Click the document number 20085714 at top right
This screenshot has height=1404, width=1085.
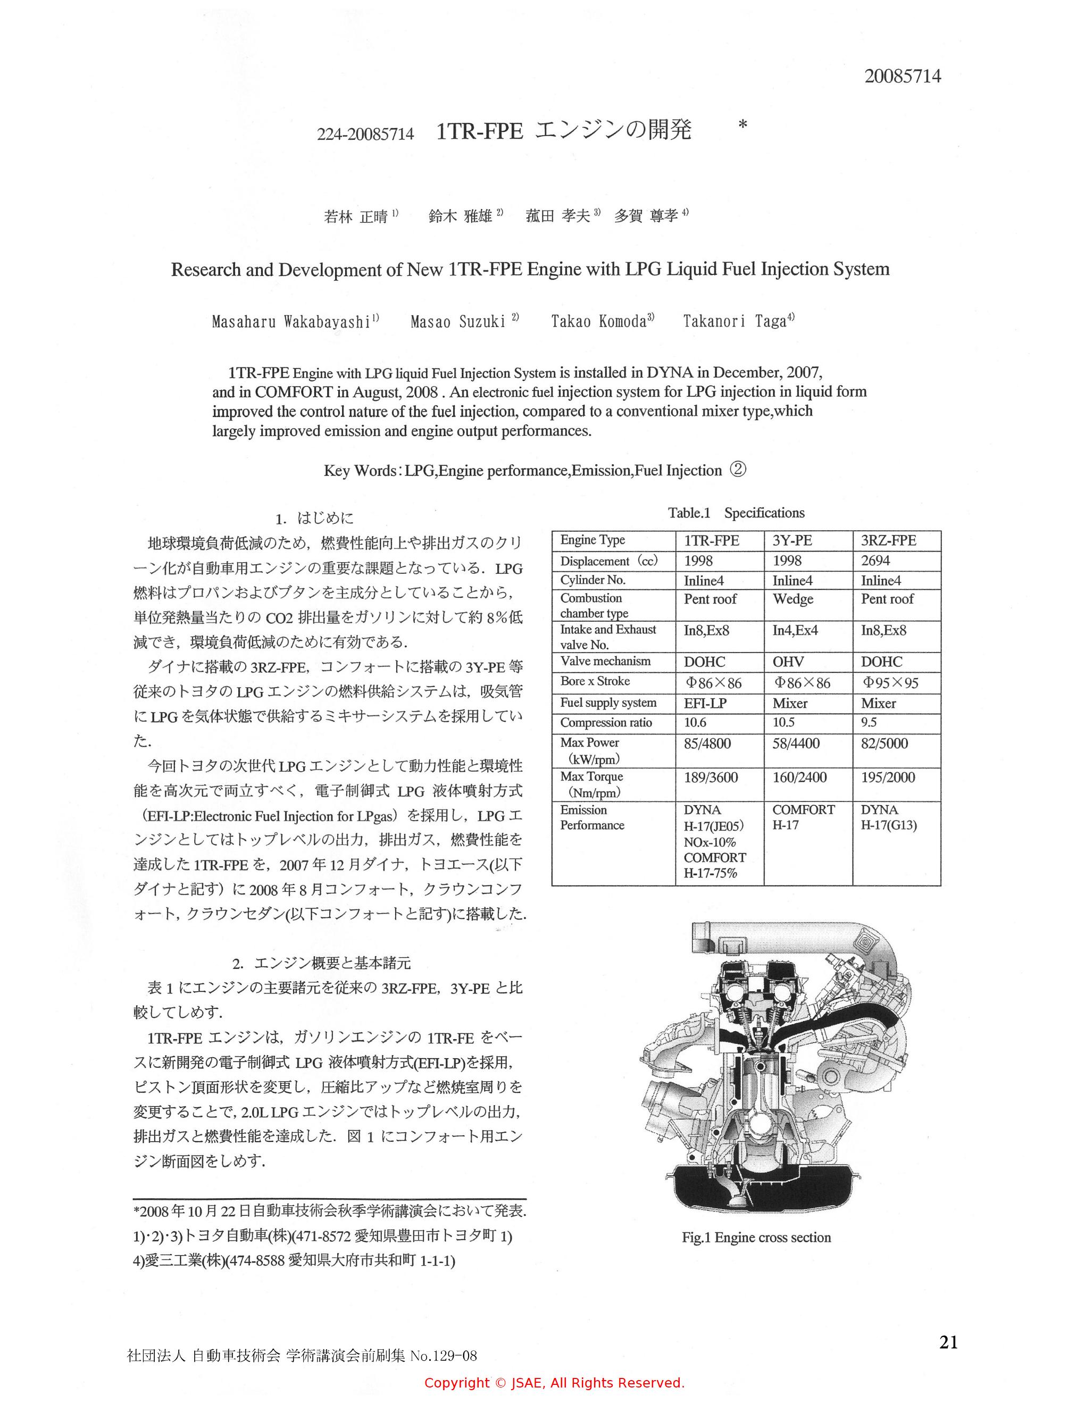pyautogui.click(x=902, y=76)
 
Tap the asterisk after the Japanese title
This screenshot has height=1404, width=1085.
pyautogui.click(x=743, y=126)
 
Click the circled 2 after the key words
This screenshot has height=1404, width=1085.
pyautogui.click(x=738, y=470)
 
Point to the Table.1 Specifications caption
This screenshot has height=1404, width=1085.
pyautogui.click(x=736, y=512)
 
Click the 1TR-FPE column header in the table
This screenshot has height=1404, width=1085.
pyautogui.click(x=712, y=541)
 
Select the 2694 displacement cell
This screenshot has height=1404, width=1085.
pyautogui.click(x=875, y=561)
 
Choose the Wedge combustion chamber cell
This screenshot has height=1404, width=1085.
pyautogui.click(x=792, y=599)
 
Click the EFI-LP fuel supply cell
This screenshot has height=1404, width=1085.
pyautogui.click(x=705, y=703)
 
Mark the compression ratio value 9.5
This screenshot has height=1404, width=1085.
pyautogui.click(x=869, y=723)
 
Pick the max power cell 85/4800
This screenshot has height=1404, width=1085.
pyautogui.click(x=708, y=744)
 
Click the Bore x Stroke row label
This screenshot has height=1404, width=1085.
pyautogui.click(x=595, y=681)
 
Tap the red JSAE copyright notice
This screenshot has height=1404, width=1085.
pyautogui.click(x=554, y=1382)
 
